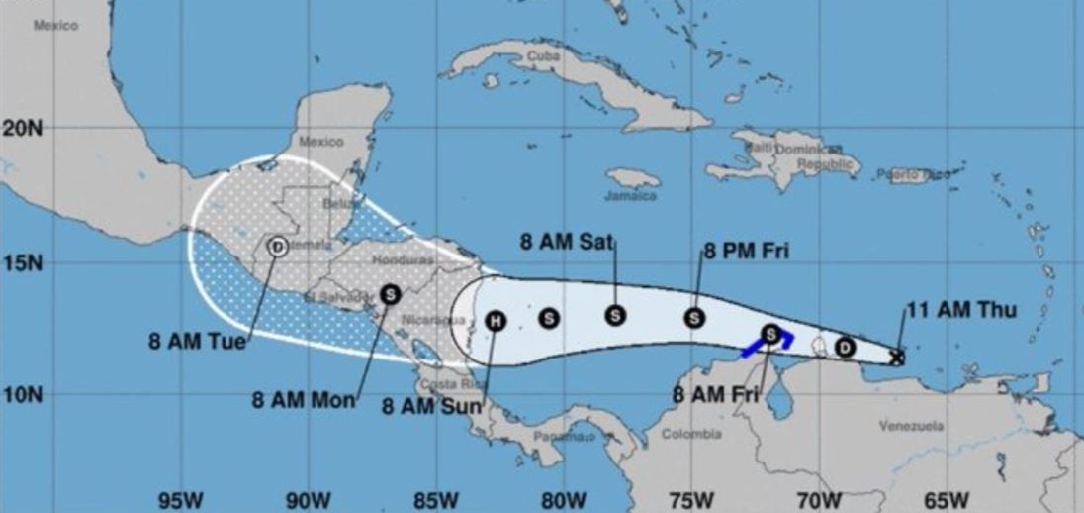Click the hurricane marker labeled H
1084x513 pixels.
(497, 320)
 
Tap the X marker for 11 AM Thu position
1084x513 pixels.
(896, 358)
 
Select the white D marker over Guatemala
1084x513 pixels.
(278, 246)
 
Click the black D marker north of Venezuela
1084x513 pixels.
(845, 347)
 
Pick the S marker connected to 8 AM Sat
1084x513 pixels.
(614, 315)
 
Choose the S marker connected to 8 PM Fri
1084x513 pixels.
(695, 318)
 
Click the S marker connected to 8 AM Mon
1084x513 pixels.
(390, 293)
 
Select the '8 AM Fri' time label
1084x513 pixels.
(714, 395)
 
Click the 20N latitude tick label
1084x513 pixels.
(22, 128)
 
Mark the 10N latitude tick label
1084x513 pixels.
(22, 395)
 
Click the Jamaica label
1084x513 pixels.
(634, 196)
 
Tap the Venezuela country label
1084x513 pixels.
(911, 426)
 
